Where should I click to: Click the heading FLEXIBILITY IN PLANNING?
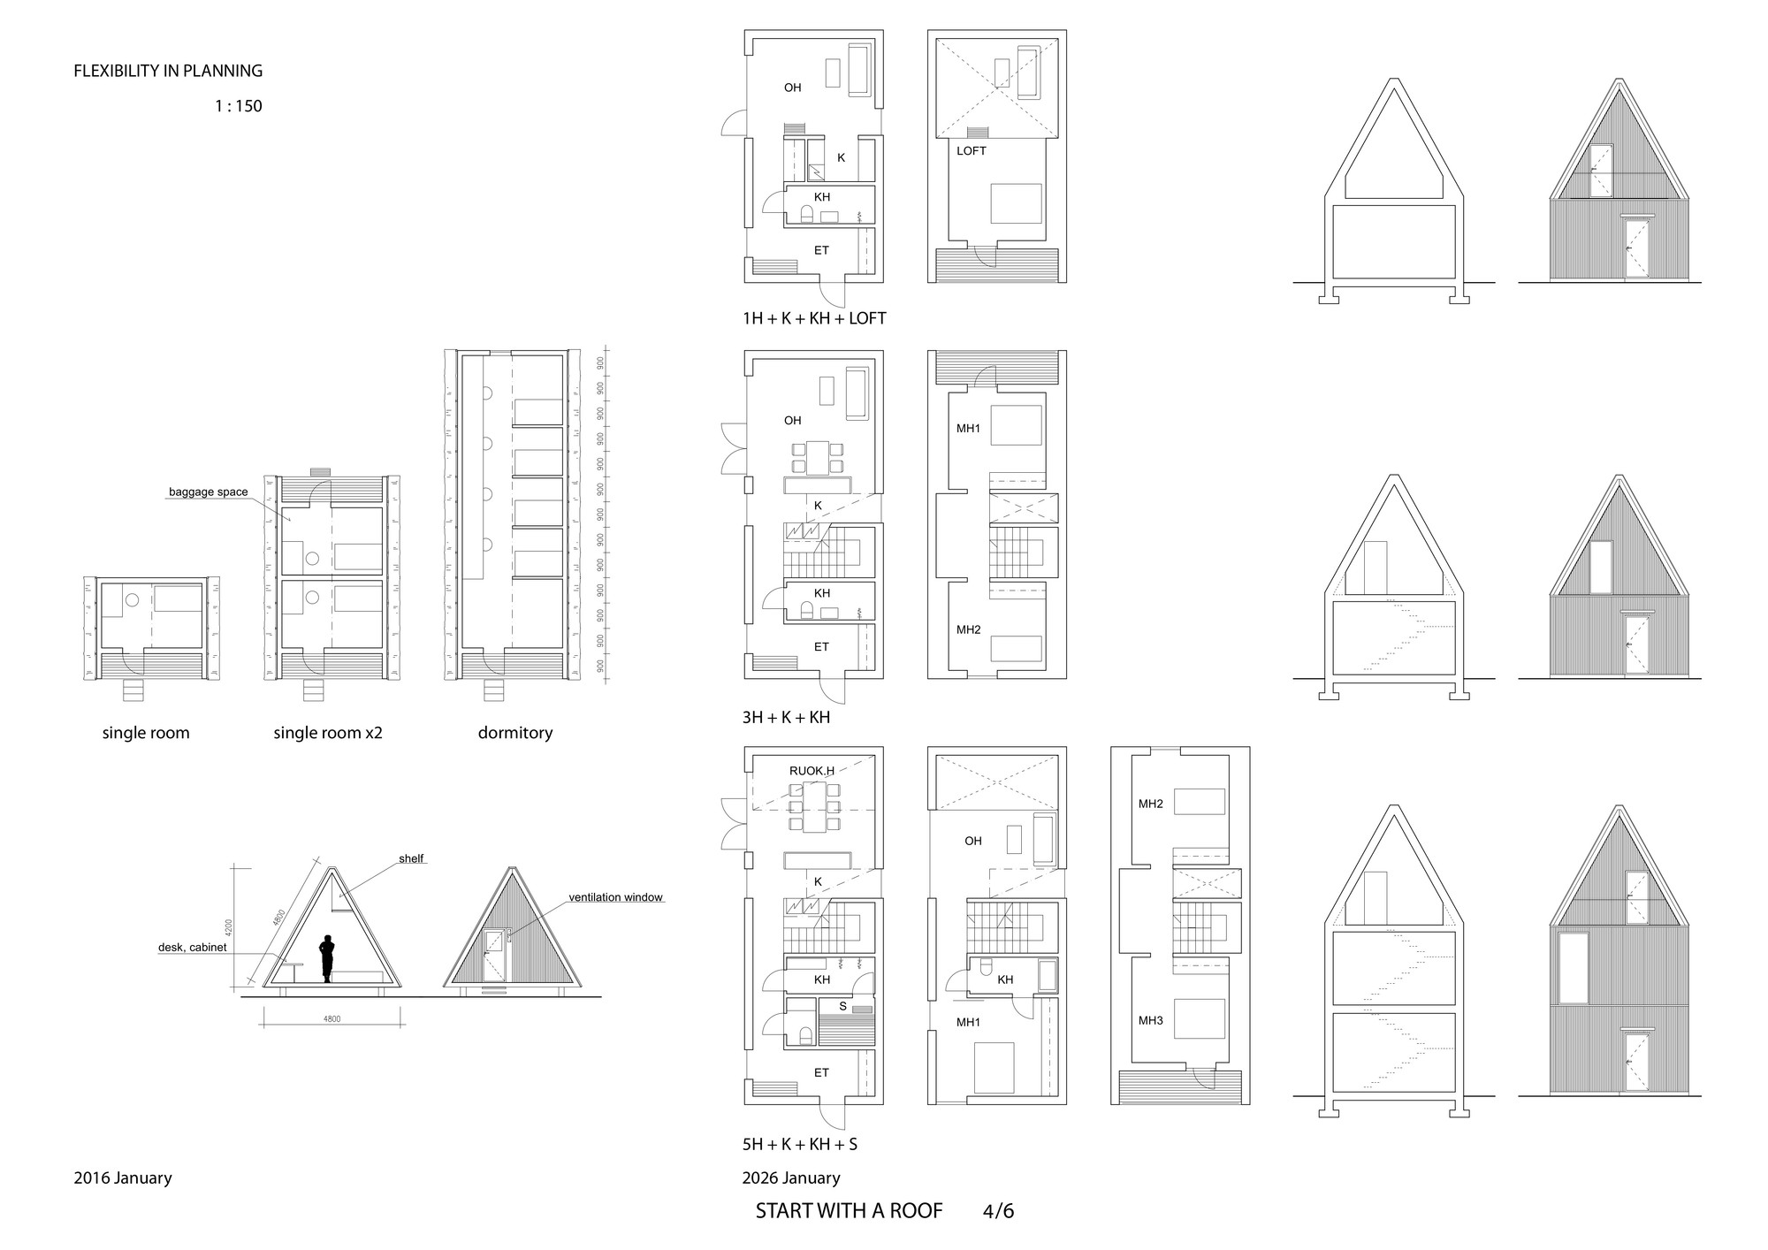pyautogui.click(x=168, y=71)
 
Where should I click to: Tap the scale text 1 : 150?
pyautogui.click(x=238, y=106)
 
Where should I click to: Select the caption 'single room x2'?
pyautogui.click(x=328, y=733)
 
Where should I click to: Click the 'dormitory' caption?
pyautogui.click(x=515, y=733)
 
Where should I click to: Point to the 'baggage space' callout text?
pyautogui.click(x=209, y=492)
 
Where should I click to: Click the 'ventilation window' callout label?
pyautogui.click(x=615, y=897)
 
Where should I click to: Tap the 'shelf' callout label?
pyautogui.click(x=411, y=858)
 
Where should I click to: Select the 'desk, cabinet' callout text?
pyautogui.click(x=193, y=947)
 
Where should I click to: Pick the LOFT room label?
pyautogui.click(x=972, y=151)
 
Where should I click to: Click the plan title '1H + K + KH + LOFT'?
pyautogui.click(x=813, y=318)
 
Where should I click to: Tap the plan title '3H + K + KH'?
pyautogui.click(x=786, y=718)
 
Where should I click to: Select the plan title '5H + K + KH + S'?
pyautogui.click(x=799, y=1145)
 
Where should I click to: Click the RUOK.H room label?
pyautogui.click(x=812, y=771)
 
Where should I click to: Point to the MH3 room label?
pyautogui.click(x=1151, y=1021)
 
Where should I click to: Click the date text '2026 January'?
pyautogui.click(x=791, y=1178)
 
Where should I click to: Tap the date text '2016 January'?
pyautogui.click(x=123, y=1178)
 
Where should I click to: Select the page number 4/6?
pyautogui.click(x=998, y=1211)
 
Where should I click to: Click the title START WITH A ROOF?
pyautogui.click(x=849, y=1211)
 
